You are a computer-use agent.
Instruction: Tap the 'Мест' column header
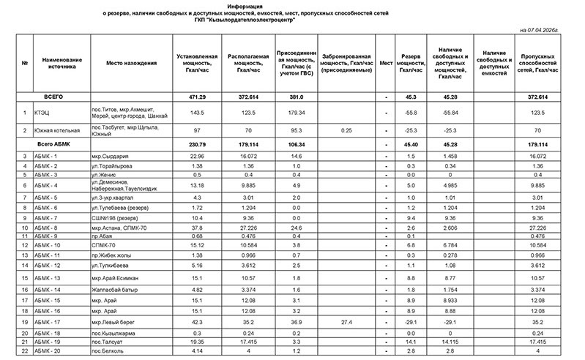pyautogui.click(x=385, y=63)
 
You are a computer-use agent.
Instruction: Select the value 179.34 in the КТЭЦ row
pyautogui.click(x=297, y=113)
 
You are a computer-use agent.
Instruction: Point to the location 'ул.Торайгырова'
pyautogui.click(x=111, y=167)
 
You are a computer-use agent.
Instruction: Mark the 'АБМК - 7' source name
pyautogui.click(x=46, y=217)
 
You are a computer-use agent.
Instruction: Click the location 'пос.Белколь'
pyautogui.click(x=107, y=352)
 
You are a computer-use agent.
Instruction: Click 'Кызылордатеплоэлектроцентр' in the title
pyautogui.click(x=249, y=20)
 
